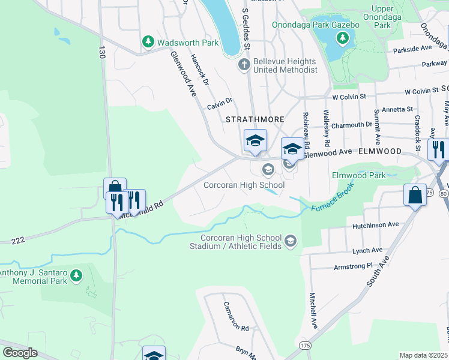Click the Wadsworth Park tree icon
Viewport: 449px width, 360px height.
click(x=148, y=42)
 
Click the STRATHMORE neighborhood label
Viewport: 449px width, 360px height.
click(x=255, y=119)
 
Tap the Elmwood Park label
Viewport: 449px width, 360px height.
click(x=359, y=176)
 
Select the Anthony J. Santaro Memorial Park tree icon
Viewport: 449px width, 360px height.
click(x=76, y=275)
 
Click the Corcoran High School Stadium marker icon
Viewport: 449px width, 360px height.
click(x=291, y=241)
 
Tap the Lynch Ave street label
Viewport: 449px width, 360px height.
click(x=367, y=250)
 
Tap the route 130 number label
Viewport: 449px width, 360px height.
click(x=103, y=53)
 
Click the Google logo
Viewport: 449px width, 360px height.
click(x=20, y=353)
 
